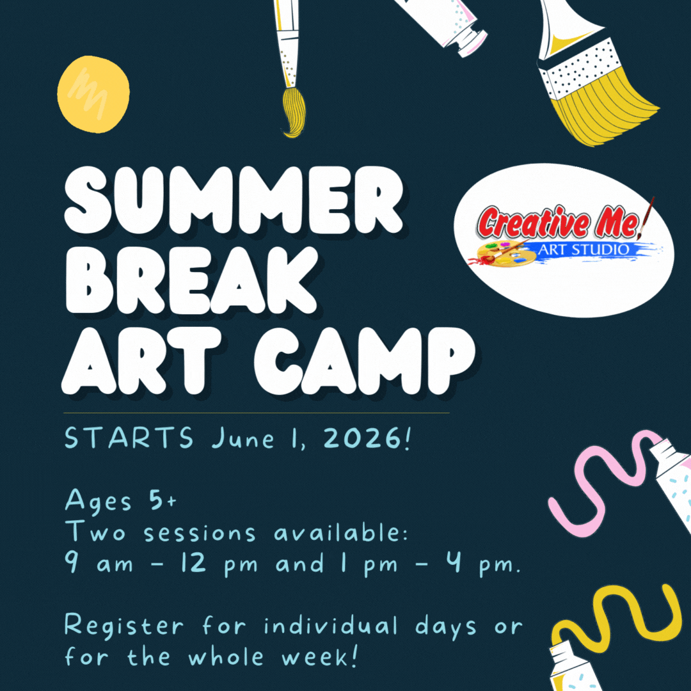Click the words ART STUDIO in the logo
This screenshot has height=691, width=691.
pyautogui.click(x=582, y=249)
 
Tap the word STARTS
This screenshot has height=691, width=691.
pyautogui.click(x=129, y=440)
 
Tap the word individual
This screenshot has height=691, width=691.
pyautogui.click(x=336, y=626)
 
